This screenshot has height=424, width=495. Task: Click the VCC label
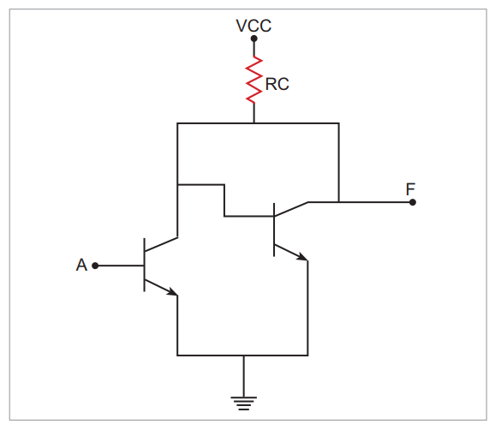(x=253, y=26)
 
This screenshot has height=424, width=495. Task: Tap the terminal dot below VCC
(x=253, y=39)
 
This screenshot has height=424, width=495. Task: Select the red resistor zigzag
(x=253, y=80)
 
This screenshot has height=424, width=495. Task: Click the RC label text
(x=277, y=84)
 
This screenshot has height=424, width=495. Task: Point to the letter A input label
(x=81, y=265)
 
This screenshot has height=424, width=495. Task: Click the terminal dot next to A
(x=95, y=266)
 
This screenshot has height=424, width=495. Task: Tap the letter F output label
(x=410, y=189)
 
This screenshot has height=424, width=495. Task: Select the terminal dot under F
(x=412, y=202)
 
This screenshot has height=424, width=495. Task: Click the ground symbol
(x=244, y=403)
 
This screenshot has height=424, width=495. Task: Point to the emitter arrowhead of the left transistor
(x=173, y=292)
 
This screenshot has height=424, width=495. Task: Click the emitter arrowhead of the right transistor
(x=303, y=257)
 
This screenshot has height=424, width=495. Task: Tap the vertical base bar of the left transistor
(x=144, y=265)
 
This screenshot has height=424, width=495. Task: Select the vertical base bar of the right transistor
(x=274, y=230)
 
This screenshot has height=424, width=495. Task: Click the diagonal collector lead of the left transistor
(x=161, y=244)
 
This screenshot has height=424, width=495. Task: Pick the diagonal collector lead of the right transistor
(x=291, y=209)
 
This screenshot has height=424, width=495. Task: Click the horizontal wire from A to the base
(x=120, y=266)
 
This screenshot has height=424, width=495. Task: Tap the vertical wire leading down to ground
(x=244, y=376)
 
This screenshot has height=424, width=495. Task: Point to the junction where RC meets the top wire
(x=253, y=123)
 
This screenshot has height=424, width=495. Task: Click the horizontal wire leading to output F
(x=361, y=202)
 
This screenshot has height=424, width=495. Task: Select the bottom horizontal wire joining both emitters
(x=242, y=355)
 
